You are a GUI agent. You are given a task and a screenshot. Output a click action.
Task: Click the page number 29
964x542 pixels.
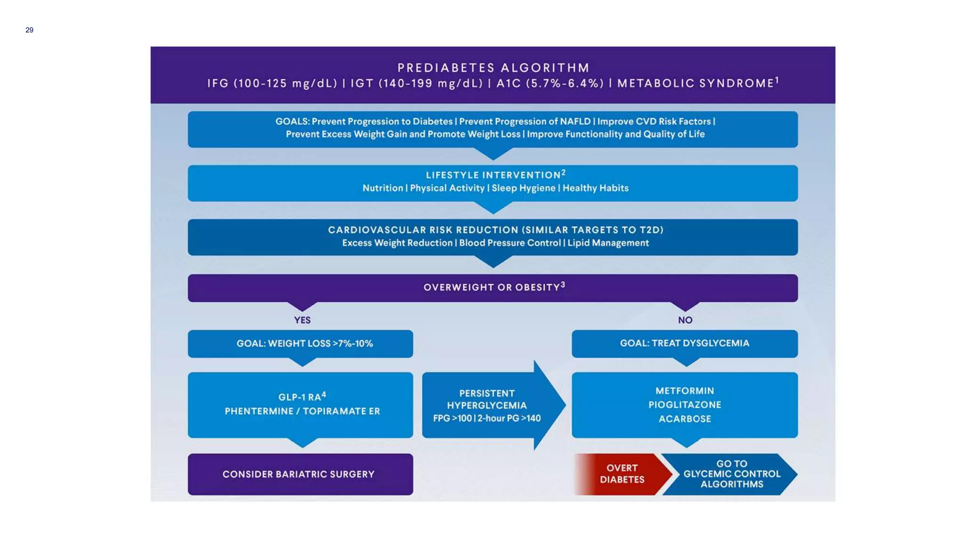(x=29, y=30)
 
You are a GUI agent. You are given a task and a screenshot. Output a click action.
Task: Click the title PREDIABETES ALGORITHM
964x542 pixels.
(x=493, y=68)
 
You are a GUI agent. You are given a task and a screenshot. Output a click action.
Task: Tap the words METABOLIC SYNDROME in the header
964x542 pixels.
(x=696, y=84)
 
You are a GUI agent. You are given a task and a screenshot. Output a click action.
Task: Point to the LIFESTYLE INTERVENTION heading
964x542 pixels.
(x=493, y=175)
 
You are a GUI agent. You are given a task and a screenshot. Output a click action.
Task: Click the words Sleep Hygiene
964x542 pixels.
(x=523, y=188)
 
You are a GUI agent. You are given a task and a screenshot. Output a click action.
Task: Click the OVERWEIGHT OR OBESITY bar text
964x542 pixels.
(x=492, y=287)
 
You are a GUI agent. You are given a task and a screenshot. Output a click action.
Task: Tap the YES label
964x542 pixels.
(x=302, y=320)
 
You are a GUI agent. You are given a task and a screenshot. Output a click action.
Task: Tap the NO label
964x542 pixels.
(x=685, y=320)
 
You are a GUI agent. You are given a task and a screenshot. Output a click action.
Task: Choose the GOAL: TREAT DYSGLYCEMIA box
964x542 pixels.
(x=684, y=343)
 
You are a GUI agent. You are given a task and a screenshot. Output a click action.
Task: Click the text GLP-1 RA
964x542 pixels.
(x=300, y=397)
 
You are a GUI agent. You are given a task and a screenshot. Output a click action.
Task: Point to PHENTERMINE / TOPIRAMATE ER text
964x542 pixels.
(x=302, y=411)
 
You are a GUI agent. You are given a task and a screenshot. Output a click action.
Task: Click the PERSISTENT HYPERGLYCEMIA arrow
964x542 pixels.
(x=487, y=406)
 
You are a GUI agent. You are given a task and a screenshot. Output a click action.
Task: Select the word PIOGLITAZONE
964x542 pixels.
(x=684, y=405)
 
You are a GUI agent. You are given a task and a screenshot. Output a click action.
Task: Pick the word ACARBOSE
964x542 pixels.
(x=684, y=419)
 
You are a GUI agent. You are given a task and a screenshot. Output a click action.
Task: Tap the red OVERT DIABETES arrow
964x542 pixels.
(x=622, y=474)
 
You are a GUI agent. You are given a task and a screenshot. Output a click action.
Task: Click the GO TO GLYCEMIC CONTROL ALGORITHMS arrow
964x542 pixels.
(x=731, y=474)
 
